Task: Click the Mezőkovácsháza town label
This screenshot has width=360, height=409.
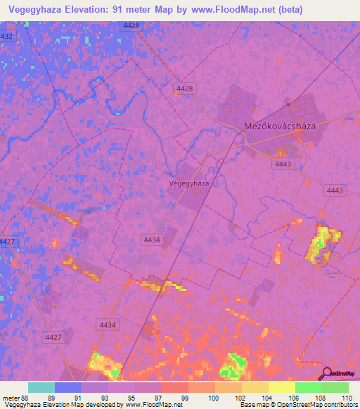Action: [x=278, y=126]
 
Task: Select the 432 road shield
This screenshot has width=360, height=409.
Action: [x=6, y=36]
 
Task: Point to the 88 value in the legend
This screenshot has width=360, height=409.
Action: [x=25, y=396]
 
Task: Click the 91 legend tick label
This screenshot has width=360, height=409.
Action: [x=78, y=396]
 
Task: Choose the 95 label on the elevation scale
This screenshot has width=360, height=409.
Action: [x=131, y=396]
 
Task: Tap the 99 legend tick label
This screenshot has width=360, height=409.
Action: [x=185, y=396]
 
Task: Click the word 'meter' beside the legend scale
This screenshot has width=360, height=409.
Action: [x=10, y=396]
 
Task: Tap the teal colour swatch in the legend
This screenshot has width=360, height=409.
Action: [x=41, y=387]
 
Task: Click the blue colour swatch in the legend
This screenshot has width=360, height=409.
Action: [x=68, y=387]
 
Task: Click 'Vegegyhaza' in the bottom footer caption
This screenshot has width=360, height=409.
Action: [x=24, y=405]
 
